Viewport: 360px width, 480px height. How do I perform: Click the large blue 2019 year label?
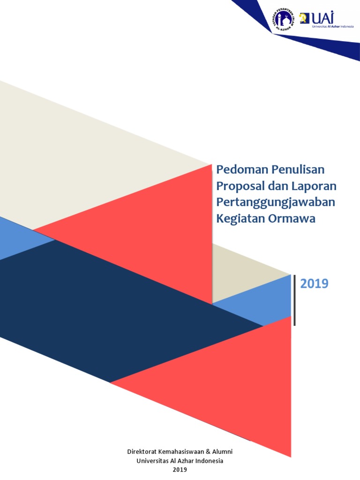pyautogui.click(x=314, y=284)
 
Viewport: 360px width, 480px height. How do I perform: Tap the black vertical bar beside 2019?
pyautogui.click(x=294, y=300)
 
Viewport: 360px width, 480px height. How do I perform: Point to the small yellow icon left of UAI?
pyautogui.click(x=304, y=18)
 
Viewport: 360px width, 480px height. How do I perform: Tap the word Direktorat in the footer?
pyautogui.click(x=143, y=451)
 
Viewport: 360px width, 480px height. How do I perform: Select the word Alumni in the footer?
pyautogui.click(x=222, y=451)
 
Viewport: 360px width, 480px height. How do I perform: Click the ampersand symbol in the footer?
pyautogui.click(x=209, y=451)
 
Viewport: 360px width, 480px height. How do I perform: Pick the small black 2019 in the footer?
pyautogui.click(x=180, y=469)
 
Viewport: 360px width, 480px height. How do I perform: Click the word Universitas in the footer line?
pyautogui.click(x=153, y=460)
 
